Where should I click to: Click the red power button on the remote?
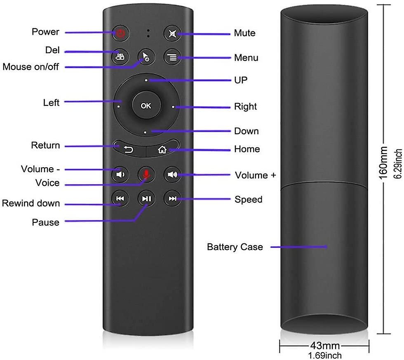(x=120, y=33)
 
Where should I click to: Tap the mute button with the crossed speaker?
(x=172, y=33)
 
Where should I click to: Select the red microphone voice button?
(x=146, y=175)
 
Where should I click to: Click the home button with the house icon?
(x=162, y=150)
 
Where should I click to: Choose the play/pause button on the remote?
(x=146, y=199)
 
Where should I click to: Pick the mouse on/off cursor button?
(x=146, y=58)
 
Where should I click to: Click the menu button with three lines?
(x=172, y=58)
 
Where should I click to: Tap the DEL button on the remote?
(x=120, y=57)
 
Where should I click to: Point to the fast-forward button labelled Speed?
(x=172, y=199)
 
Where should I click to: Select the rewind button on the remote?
(x=120, y=199)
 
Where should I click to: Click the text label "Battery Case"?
(x=235, y=247)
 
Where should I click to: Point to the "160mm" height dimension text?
(x=383, y=163)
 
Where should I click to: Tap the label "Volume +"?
(x=255, y=175)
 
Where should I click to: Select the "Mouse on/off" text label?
(x=31, y=67)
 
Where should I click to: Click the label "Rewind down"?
(x=31, y=203)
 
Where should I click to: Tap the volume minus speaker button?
(x=120, y=175)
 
